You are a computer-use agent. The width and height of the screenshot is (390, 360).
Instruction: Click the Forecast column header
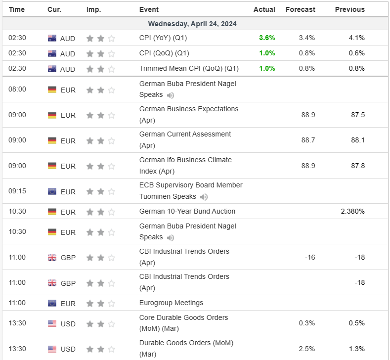click(300, 9)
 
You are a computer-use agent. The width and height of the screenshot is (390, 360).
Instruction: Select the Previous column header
click(349, 9)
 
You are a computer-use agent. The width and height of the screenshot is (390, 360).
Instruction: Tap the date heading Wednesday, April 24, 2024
click(192, 24)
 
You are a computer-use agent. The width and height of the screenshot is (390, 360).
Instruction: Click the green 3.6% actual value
click(267, 38)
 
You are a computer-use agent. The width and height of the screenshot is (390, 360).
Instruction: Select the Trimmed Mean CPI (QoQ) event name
click(189, 69)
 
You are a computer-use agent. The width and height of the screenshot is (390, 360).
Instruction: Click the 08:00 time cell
click(17, 90)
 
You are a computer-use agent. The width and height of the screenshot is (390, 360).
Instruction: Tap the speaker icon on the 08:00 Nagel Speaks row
click(171, 95)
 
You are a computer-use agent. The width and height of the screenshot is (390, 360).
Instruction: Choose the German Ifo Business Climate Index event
click(185, 166)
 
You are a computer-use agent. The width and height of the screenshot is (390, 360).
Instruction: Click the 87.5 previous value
click(358, 115)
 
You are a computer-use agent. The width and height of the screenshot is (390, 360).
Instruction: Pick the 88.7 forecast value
click(308, 140)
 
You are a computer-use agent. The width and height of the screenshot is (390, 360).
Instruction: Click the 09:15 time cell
click(17, 191)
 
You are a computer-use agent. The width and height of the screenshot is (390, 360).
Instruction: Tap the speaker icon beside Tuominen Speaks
click(204, 197)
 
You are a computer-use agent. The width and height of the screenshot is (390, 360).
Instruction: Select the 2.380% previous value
click(353, 212)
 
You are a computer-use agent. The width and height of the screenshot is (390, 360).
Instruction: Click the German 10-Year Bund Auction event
click(187, 212)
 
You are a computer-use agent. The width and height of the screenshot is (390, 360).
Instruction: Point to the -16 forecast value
click(310, 257)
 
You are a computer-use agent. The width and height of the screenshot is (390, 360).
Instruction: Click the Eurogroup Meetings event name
click(171, 303)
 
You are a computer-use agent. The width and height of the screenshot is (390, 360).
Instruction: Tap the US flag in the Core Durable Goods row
click(52, 323)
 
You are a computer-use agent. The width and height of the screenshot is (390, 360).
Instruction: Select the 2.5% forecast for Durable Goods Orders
click(307, 349)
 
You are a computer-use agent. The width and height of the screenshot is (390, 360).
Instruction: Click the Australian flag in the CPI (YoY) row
click(52, 38)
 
